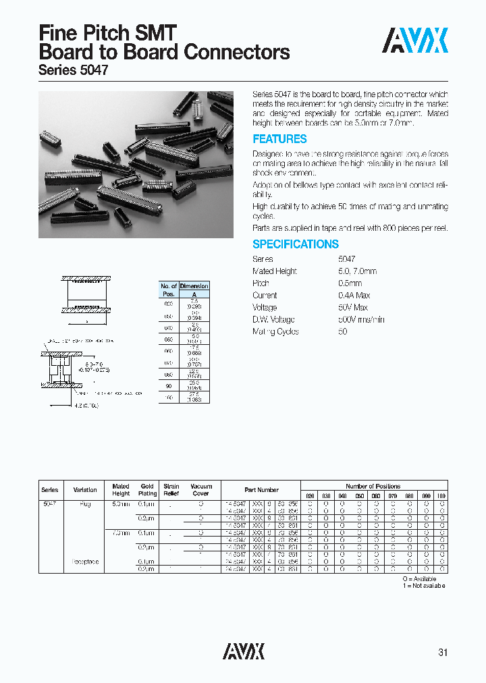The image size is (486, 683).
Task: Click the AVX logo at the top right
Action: coord(415,40)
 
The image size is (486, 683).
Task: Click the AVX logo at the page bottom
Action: coord(244,651)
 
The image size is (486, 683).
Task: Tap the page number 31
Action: coord(442,653)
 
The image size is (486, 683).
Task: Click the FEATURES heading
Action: coord(279,139)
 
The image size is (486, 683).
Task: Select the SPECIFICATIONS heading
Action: coord(296,244)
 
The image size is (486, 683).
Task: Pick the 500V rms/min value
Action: coord(361,319)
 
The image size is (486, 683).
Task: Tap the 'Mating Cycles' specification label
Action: coord(275,331)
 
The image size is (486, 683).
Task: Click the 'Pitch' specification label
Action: coord(261,283)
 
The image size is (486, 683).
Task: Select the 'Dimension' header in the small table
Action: coord(194,286)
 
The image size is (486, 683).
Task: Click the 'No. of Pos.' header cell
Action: coord(168,290)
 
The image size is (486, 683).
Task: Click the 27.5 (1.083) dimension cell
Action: coord(194,398)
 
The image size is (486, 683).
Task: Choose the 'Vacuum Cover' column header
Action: coord(201,490)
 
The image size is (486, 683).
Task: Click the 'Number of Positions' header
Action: coord(373,486)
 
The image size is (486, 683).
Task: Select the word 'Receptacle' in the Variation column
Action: coord(85,562)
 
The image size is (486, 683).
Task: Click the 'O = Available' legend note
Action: coord(420,579)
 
